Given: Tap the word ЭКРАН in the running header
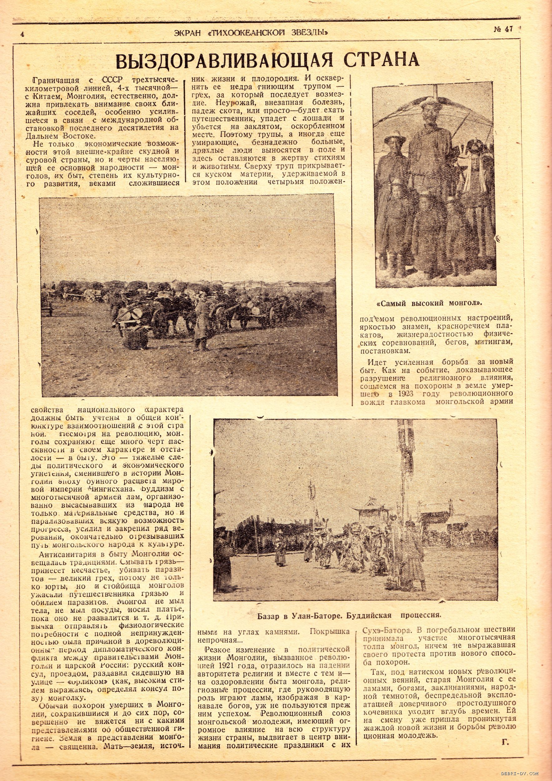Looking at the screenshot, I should (x=189, y=33).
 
